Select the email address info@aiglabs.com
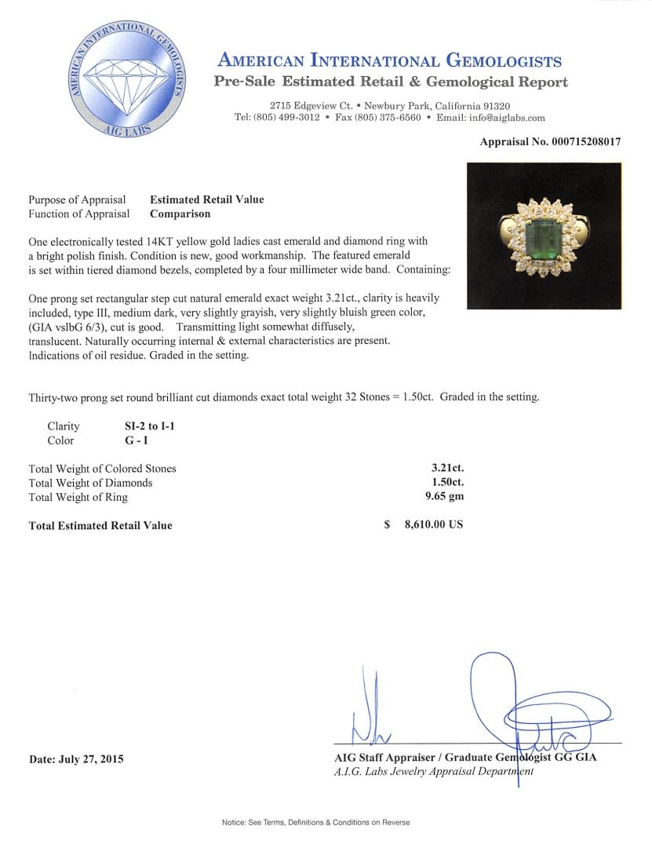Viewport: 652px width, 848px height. (x=502, y=118)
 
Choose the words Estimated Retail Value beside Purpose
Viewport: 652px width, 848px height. (x=207, y=199)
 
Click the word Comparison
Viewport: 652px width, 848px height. (x=180, y=214)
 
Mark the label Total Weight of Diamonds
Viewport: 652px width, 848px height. (x=91, y=483)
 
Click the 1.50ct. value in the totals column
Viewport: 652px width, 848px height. (x=444, y=483)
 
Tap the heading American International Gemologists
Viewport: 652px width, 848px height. (x=389, y=61)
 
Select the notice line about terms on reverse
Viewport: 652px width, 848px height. (x=316, y=822)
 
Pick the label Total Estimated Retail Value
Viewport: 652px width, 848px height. (x=100, y=525)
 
